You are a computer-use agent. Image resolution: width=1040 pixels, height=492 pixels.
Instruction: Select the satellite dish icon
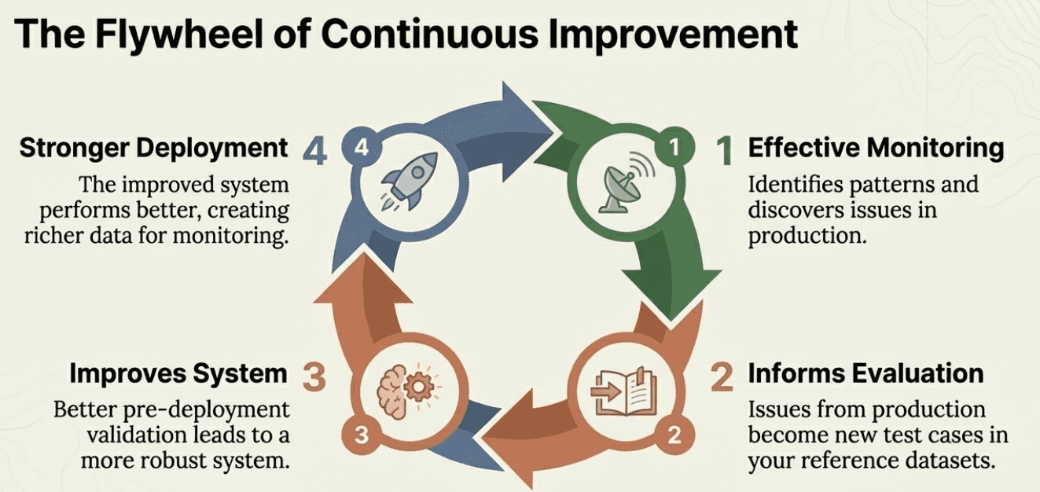coord(619,187)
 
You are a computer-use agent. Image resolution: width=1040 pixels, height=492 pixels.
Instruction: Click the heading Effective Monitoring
coord(876,148)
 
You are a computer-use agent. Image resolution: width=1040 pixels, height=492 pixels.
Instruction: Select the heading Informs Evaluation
coord(865,373)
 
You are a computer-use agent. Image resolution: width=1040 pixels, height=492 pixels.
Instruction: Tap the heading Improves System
coord(178,373)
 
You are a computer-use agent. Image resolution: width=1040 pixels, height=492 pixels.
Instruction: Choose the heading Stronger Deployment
coord(153,148)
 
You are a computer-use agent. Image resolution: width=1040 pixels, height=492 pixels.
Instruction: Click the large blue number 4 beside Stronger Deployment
coord(315,150)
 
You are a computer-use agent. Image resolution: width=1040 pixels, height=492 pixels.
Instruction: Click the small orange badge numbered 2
coord(674,434)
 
